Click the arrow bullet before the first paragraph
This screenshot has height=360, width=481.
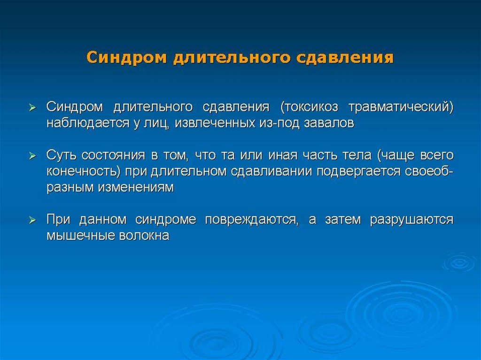click(x=32, y=107)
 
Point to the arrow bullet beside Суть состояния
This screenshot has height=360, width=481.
click(x=32, y=156)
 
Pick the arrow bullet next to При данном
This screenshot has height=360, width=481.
click(x=32, y=220)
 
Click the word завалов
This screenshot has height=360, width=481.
click(x=329, y=123)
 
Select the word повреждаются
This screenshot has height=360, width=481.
click(x=252, y=220)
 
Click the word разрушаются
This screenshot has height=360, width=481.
click(x=411, y=220)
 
